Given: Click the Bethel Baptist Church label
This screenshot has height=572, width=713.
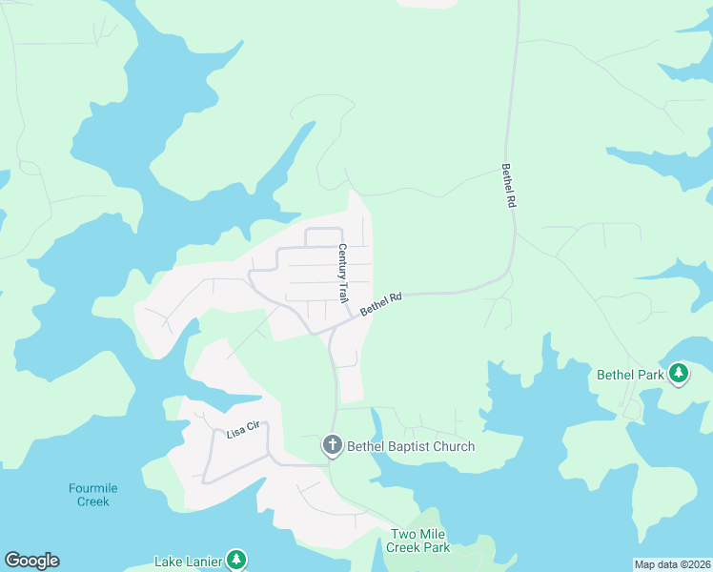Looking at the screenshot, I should (x=410, y=446).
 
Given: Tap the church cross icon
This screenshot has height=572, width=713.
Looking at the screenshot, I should (x=332, y=445).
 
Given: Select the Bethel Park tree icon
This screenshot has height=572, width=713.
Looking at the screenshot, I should (x=679, y=374).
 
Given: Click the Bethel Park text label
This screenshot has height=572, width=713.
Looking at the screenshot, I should (x=630, y=375).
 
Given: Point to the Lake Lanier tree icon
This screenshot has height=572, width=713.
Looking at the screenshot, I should (x=236, y=561).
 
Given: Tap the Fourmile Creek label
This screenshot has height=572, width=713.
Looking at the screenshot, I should (x=93, y=495).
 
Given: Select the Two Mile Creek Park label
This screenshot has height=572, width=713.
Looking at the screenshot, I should (x=418, y=541).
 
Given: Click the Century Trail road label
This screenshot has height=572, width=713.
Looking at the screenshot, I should (x=343, y=274).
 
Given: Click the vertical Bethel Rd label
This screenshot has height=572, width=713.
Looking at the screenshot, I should (x=509, y=187).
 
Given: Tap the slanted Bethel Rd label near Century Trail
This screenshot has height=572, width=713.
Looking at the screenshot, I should (x=381, y=305).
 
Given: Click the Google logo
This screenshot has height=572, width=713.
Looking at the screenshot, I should (x=31, y=561).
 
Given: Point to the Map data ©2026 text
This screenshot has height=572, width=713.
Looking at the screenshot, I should (x=672, y=564).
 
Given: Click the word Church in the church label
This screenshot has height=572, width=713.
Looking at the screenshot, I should (x=452, y=446).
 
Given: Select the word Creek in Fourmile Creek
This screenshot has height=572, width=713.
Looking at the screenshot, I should (x=93, y=501).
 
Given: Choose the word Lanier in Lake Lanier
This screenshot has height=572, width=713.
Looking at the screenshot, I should (x=204, y=562).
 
